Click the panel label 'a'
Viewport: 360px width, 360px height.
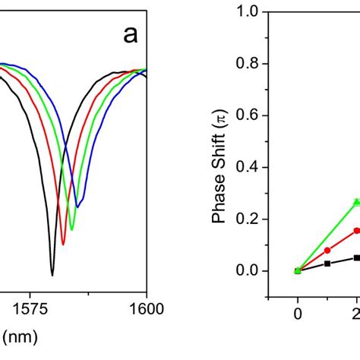click(129, 34)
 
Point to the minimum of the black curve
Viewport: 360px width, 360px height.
click(52, 274)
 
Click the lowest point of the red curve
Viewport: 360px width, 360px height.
click(63, 244)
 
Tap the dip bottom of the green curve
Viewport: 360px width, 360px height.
click(71, 229)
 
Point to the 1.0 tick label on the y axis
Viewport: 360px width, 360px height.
click(247, 12)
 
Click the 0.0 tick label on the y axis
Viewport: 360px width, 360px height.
click(247, 271)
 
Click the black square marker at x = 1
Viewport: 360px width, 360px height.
click(327, 264)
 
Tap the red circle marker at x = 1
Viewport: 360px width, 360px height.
click(327, 250)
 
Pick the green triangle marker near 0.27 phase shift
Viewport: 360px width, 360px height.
click(356, 202)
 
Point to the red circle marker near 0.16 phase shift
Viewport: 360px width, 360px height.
click(356, 230)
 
